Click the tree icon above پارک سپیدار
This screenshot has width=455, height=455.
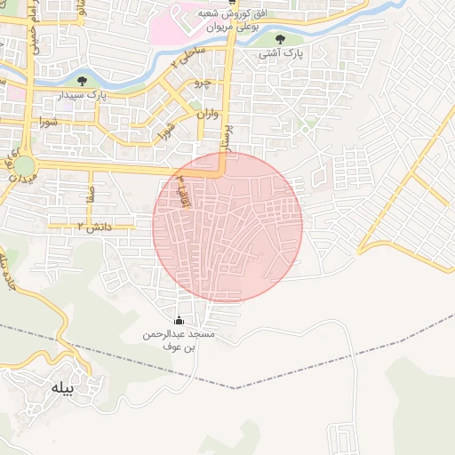[x=95, y=82]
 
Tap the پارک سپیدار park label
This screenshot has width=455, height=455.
[x=96, y=94]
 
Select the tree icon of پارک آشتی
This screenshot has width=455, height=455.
[x=282, y=39]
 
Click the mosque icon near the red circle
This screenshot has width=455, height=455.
[x=180, y=321]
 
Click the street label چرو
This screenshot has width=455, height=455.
[x=203, y=84]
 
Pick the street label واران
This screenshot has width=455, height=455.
[x=204, y=114]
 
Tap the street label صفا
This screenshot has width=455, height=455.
[x=89, y=192]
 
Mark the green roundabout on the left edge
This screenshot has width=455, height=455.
[x=23, y=166]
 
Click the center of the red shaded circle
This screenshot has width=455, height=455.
[x=227, y=227]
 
